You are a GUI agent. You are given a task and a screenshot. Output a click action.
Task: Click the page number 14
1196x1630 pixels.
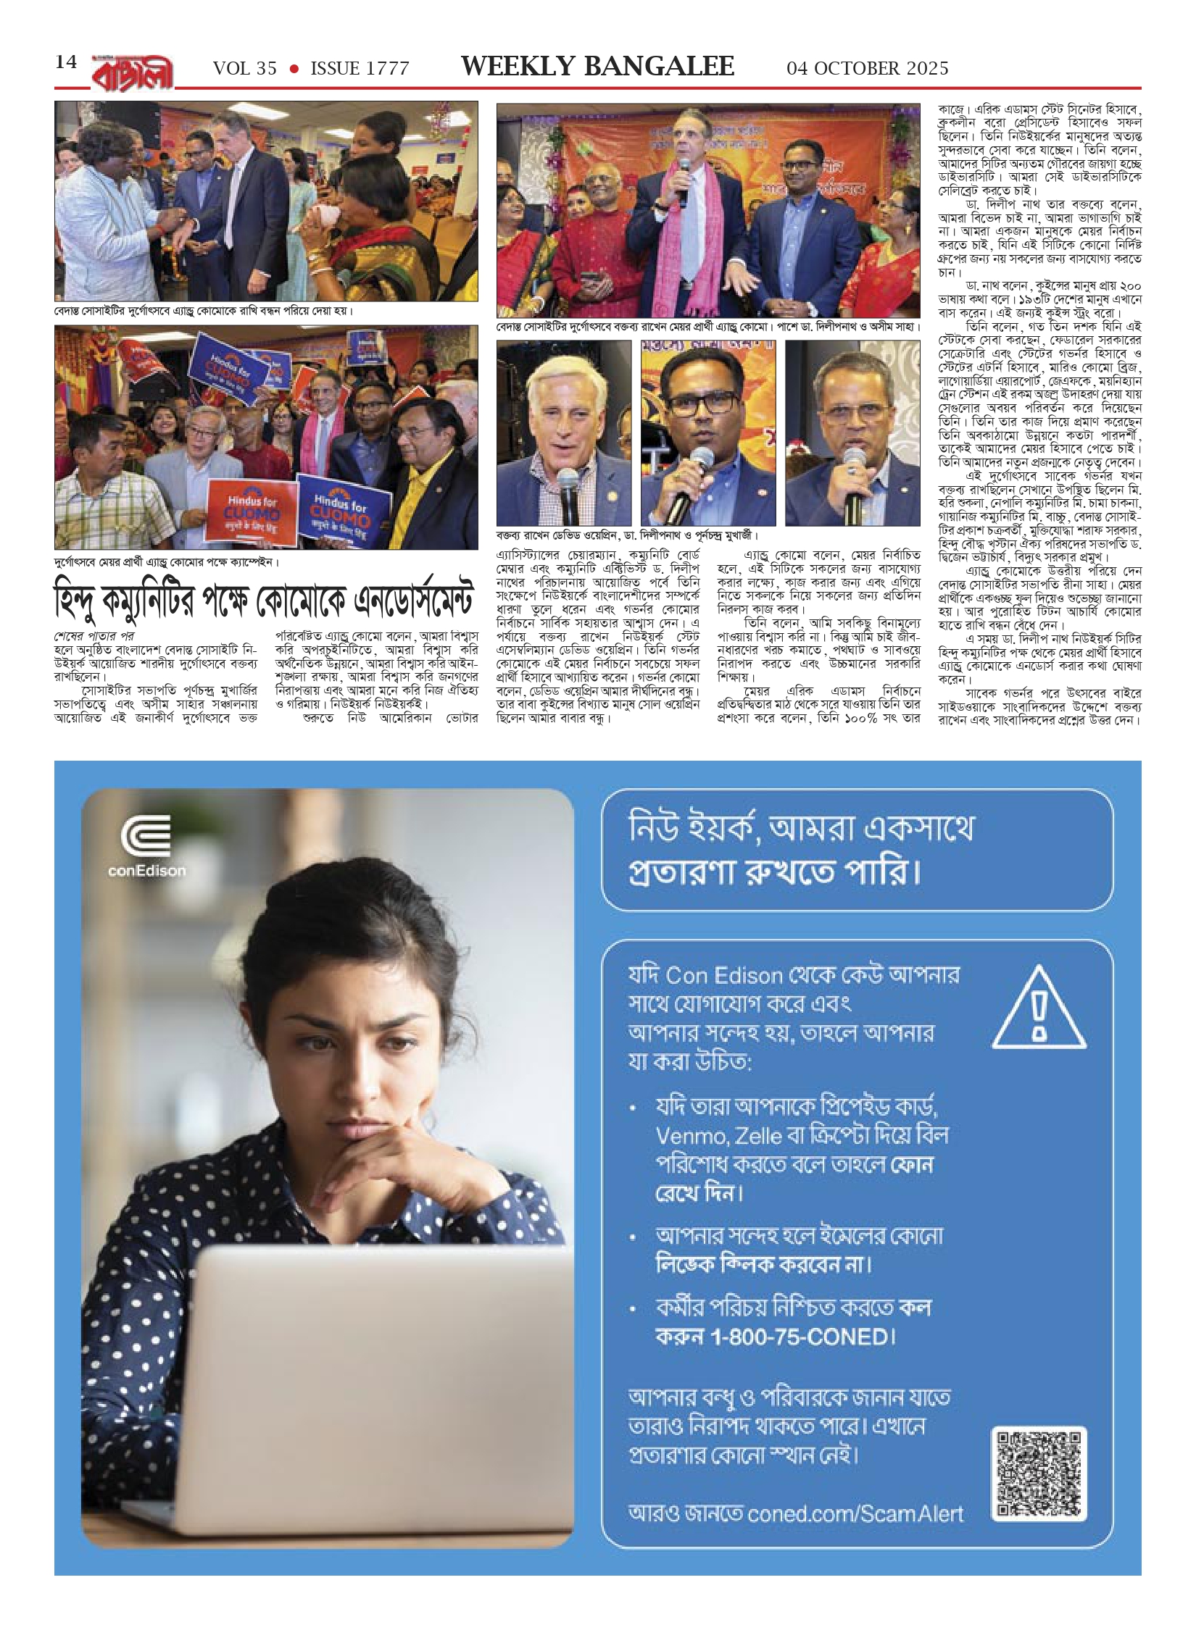coord(66,62)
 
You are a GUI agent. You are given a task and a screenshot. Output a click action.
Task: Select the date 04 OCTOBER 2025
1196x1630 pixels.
coord(868,69)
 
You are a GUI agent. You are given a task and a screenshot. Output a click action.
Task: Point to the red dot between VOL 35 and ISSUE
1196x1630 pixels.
coord(294,69)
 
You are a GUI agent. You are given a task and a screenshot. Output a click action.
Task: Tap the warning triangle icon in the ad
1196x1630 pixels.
coord(1039,1009)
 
